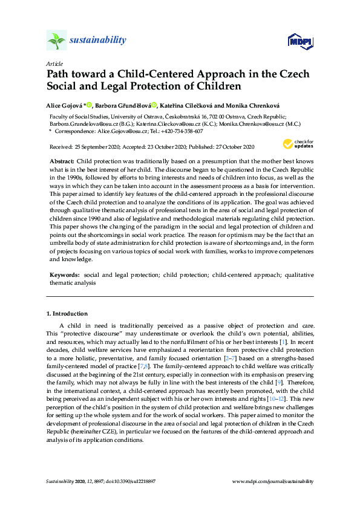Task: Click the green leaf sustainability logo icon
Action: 56,41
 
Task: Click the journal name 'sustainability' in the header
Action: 98,41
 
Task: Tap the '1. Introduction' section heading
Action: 67,314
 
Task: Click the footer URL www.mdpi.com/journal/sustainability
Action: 273,482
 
